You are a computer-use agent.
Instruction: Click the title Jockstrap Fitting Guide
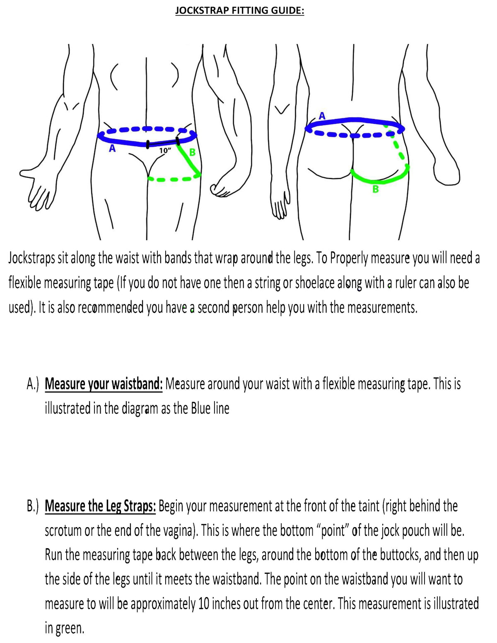click(x=239, y=10)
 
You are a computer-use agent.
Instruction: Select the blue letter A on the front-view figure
click(x=112, y=148)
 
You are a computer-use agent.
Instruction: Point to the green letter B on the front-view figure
click(x=192, y=152)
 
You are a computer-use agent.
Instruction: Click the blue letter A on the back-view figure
click(x=322, y=116)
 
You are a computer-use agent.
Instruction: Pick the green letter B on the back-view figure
click(x=375, y=189)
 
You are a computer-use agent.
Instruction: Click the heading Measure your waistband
click(x=104, y=384)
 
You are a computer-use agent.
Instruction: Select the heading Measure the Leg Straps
click(x=100, y=506)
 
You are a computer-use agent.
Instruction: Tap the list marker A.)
click(x=33, y=384)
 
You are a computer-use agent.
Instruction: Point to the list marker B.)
click(x=33, y=506)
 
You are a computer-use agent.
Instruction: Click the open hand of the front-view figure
click(x=37, y=189)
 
